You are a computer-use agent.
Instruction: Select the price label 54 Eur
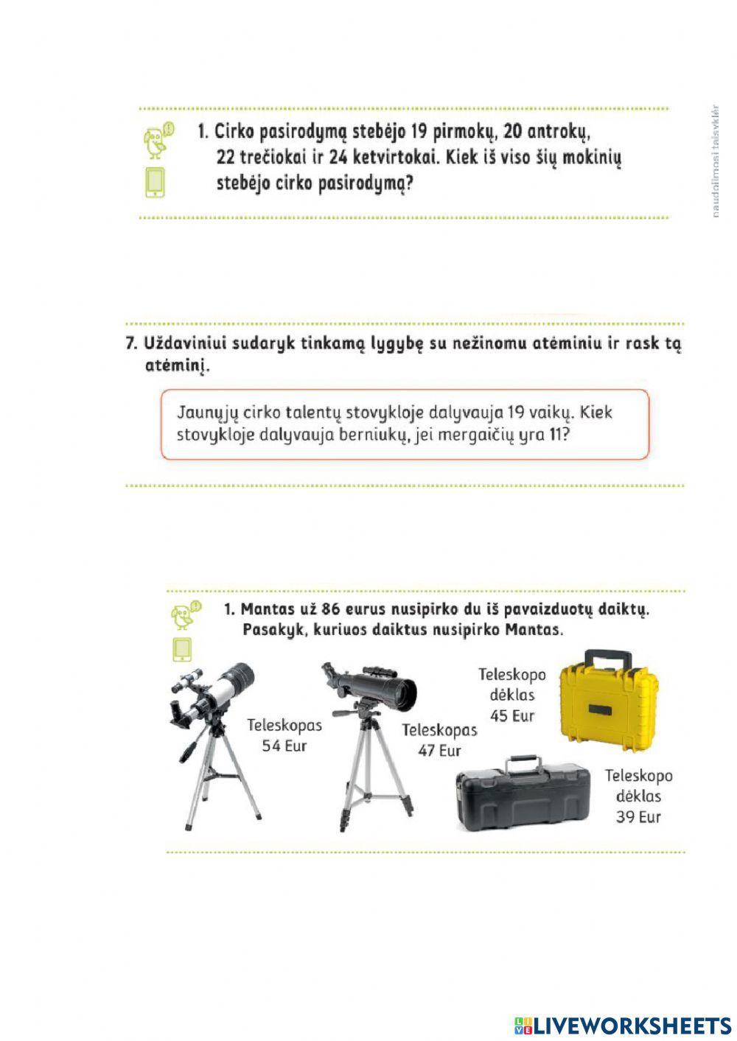coord(284,746)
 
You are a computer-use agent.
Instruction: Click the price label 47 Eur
coord(439,751)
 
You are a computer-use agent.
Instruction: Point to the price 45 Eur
coord(512,715)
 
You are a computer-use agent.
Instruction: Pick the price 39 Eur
coord(638,817)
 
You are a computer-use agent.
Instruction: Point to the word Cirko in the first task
coord(234,132)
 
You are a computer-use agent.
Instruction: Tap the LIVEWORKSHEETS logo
coord(623,1025)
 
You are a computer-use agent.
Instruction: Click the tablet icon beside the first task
coord(156,183)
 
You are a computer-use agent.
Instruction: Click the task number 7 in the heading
coord(131,343)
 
